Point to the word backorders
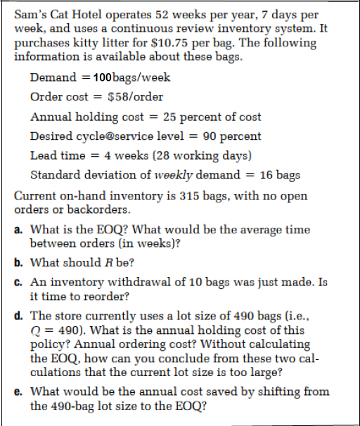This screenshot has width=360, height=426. [x=101, y=209]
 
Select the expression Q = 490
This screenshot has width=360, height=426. [x=54, y=330]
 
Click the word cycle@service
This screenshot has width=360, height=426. [x=114, y=136]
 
